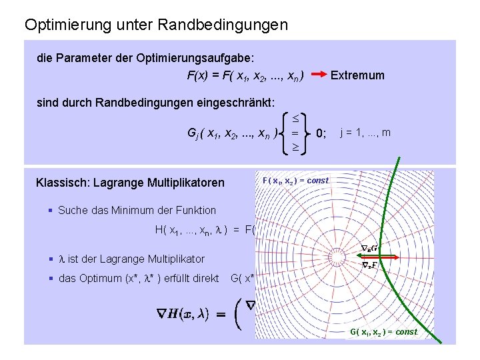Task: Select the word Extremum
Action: click(x=357, y=75)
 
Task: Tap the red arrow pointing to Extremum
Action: click(x=319, y=75)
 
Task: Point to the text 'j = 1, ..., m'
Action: click(x=365, y=133)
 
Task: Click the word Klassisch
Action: click(x=62, y=183)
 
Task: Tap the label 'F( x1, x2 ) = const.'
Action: click(x=296, y=181)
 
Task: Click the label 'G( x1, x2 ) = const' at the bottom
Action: click(x=384, y=331)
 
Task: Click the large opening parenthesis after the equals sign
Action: click(x=238, y=314)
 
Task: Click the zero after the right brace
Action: click(x=319, y=133)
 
